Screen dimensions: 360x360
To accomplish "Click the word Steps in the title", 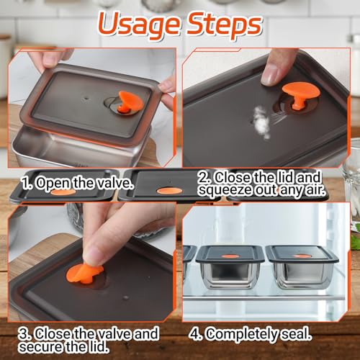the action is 224,24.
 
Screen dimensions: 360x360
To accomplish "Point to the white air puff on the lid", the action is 261,122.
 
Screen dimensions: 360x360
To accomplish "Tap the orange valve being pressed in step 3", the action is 84,274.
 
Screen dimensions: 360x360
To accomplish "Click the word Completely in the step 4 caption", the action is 243,334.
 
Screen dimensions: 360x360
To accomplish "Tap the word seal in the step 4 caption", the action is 297,334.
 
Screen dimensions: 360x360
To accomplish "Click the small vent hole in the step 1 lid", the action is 86,98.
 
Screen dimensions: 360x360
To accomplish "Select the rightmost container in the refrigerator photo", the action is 302,267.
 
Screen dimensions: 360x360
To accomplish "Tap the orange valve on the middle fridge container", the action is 230,256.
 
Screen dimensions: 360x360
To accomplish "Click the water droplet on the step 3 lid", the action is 125,297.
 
